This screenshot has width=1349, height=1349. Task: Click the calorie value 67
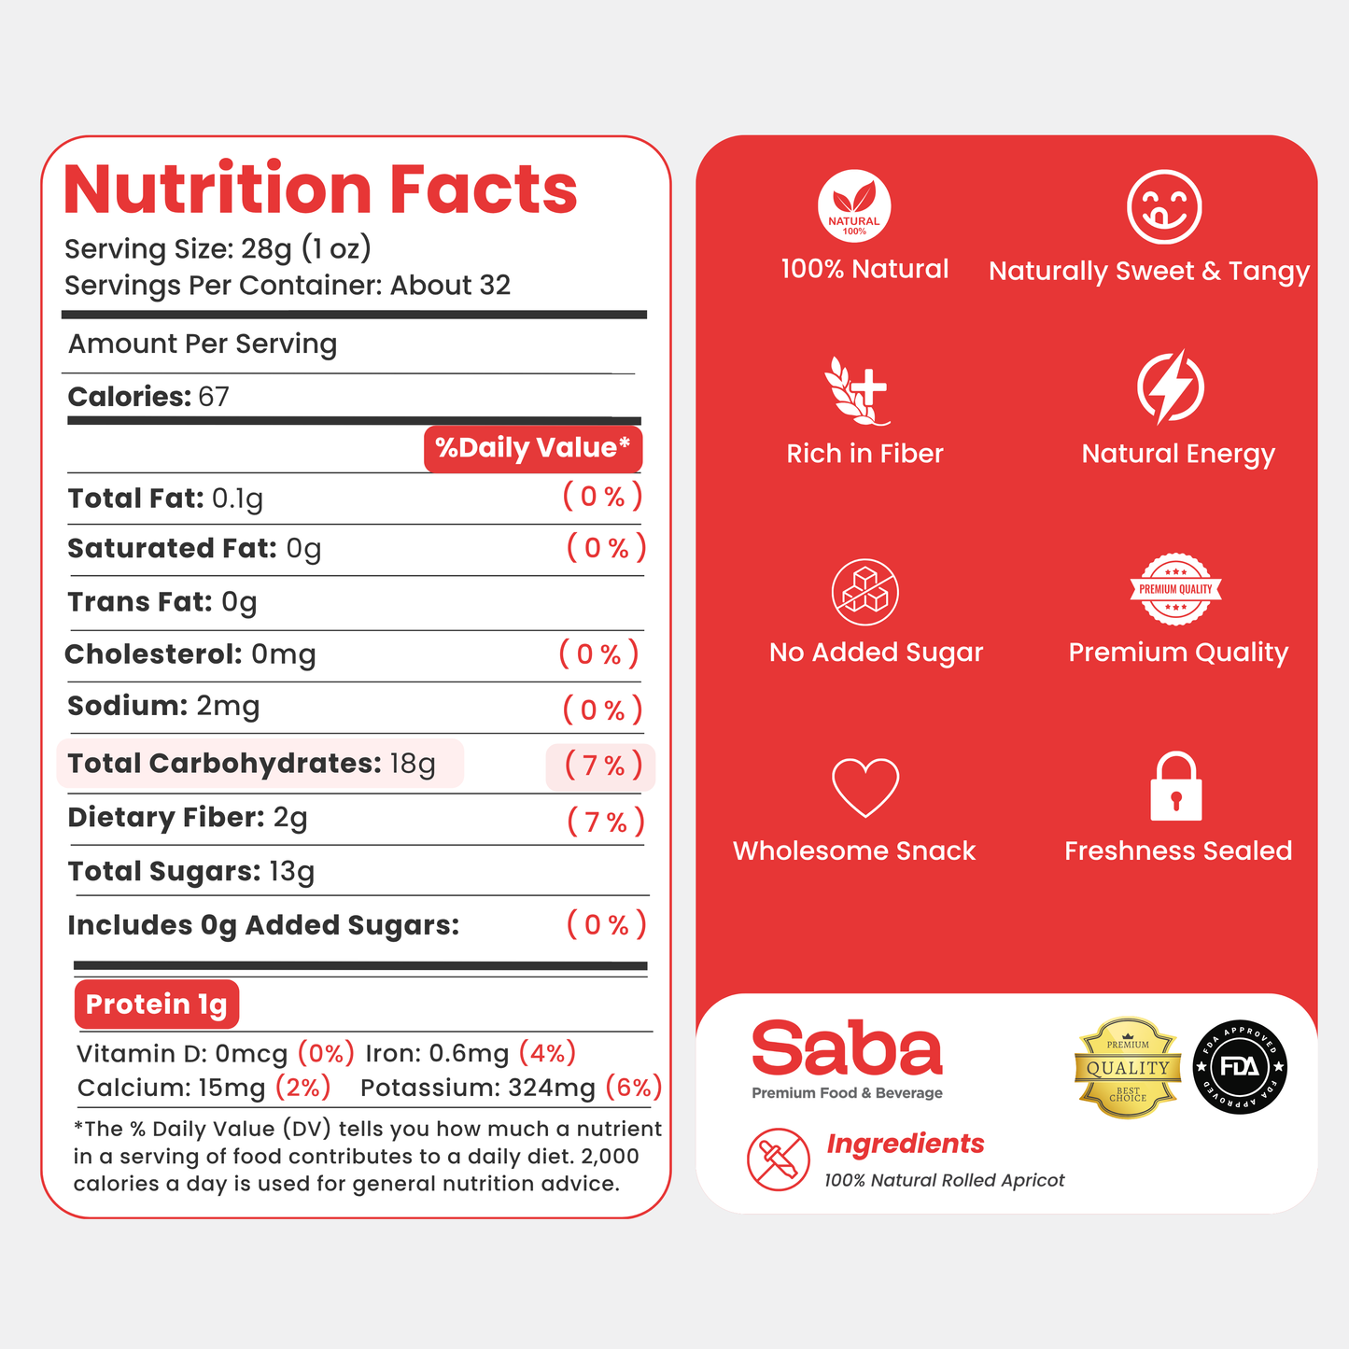click(x=214, y=397)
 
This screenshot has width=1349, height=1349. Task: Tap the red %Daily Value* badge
click(x=533, y=448)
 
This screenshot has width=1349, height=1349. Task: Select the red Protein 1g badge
click(x=157, y=1004)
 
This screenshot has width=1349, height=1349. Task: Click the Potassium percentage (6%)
click(x=634, y=1088)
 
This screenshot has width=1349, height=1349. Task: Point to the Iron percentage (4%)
click(x=547, y=1052)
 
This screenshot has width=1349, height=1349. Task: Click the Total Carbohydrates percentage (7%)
click(x=603, y=766)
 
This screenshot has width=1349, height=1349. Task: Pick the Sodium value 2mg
click(x=228, y=706)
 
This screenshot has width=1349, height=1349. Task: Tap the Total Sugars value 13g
click(x=292, y=872)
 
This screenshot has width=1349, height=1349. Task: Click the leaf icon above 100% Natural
click(x=854, y=206)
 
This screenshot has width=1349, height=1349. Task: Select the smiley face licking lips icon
click(x=1164, y=206)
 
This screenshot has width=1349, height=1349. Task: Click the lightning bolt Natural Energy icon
click(x=1171, y=386)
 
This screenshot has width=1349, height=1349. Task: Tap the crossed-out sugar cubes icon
click(x=864, y=592)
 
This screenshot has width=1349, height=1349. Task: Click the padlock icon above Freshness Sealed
click(x=1176, y=785)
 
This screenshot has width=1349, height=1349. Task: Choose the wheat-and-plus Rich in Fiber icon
click(x=856, y=390)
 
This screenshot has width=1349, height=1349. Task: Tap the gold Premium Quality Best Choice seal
click(x=1128, y=1068)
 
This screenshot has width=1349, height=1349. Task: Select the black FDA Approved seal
click(x=1240, y=1067)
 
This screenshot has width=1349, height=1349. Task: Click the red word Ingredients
click(x=906, y=1144)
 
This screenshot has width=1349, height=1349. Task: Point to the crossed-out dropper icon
click(x=778, y=1159)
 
